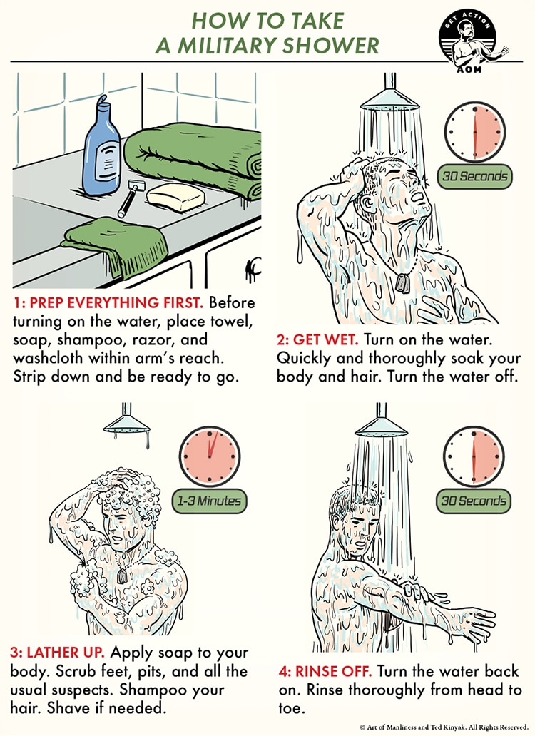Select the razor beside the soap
[x=129, y=198]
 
